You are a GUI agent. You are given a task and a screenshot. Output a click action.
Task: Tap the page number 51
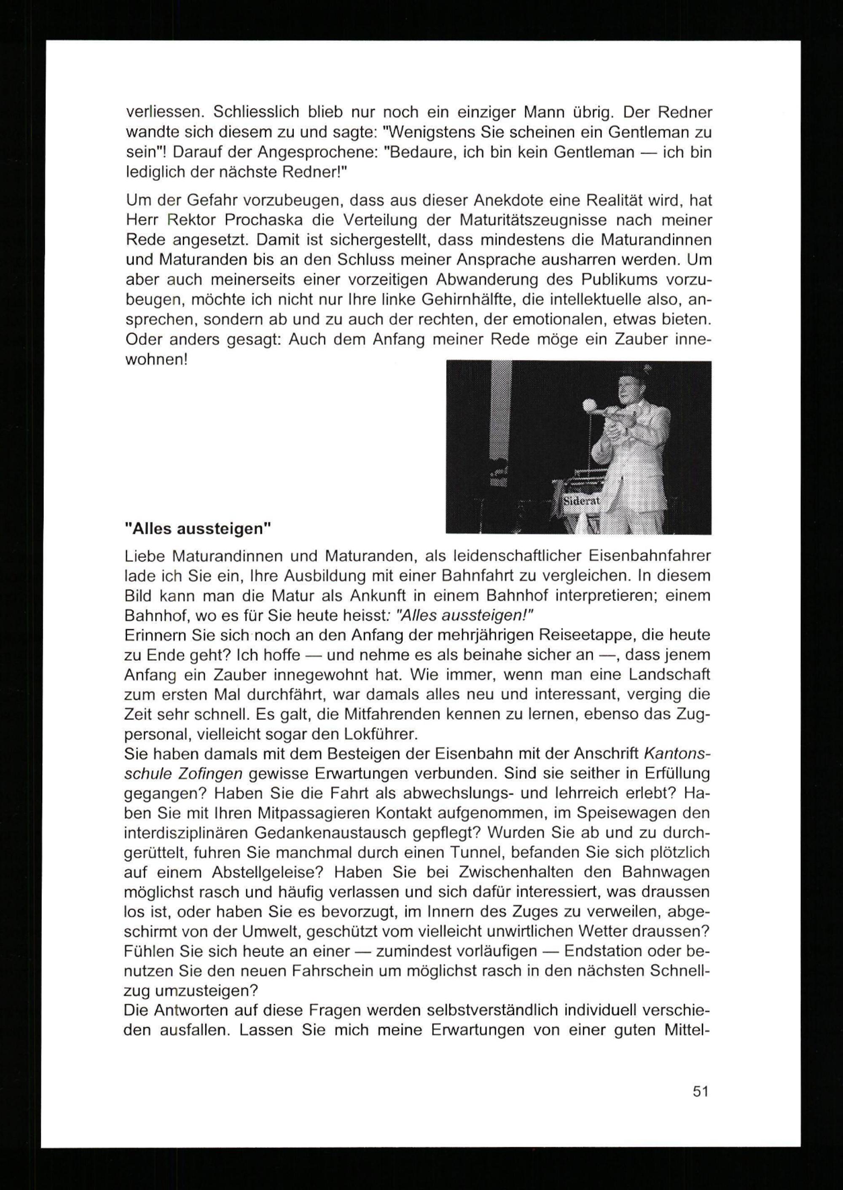[x=700, y=1091]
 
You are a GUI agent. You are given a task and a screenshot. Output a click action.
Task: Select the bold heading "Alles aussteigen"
[x=198, y=529]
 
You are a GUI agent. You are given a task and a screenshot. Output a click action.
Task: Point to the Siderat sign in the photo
[x=581, y=501]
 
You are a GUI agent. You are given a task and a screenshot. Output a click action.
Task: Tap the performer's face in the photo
[x=630, y=386]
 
